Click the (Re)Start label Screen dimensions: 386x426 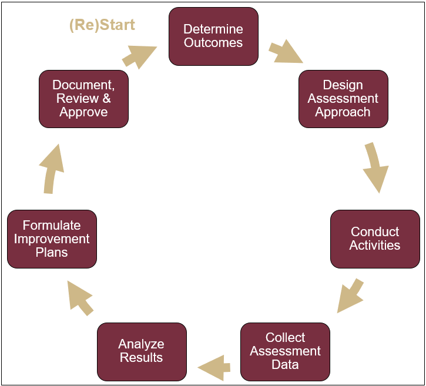tap(102, 25)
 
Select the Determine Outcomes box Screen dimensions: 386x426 tap(213, 36)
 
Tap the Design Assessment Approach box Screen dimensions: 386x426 tap(343, 99)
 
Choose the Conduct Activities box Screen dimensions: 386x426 tap(375, 239)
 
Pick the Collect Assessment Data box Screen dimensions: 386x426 tap(285, 351)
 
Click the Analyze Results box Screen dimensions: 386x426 tap(142, 351)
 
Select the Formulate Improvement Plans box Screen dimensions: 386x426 tap(52, 239)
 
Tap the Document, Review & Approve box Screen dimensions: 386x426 tap(83, 99)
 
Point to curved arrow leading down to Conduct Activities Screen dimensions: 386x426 tap(374, 167)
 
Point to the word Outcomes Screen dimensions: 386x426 tap(213, 43)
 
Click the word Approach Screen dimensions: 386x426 tap(343, 112)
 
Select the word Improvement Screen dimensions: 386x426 tap(52, 239)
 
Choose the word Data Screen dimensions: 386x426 tap(285, 365)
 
